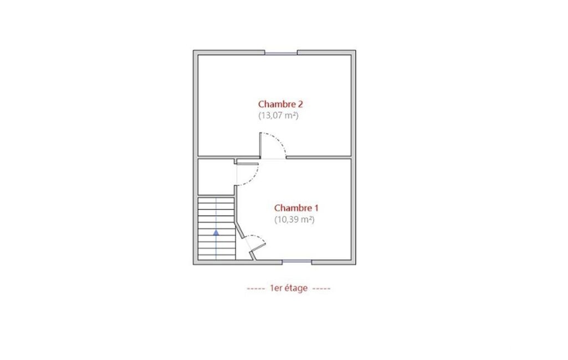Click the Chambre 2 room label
point(280,104)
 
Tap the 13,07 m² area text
point(278,116)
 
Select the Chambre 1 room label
point(296,208)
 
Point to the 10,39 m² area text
point(294,219)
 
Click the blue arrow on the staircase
point(216,233)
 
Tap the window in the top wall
point(281,53)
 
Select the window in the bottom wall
point(296,261)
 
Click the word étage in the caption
point(296,289)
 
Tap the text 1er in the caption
point(275,289)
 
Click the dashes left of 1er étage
point(256,289)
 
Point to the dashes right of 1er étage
point(321,289)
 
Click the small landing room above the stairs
point(216,177)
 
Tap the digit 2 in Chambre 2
point(300,104)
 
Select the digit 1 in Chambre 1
point(316,208)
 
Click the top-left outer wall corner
point(194,51)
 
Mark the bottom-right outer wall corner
point(355,264)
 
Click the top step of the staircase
point(216,200)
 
